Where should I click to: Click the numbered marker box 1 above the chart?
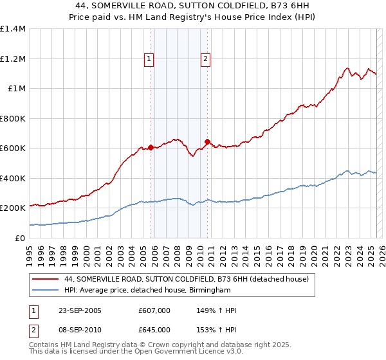149,59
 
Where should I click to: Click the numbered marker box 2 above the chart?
205,59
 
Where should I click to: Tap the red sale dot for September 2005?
151,147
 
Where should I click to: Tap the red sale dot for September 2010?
207,141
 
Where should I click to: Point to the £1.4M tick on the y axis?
13,29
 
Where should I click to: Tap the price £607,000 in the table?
154,310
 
